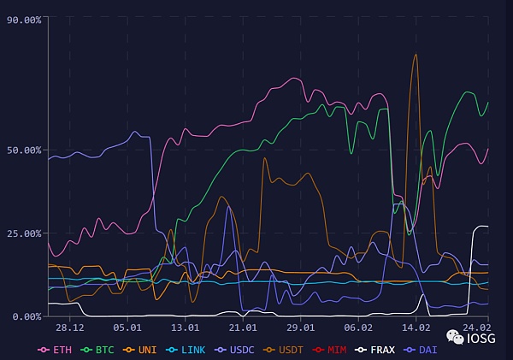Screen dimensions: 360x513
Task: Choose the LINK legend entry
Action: pos(192,350)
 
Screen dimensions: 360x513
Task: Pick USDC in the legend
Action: pos(240,350)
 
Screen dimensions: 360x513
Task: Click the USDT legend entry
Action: pos(291,350)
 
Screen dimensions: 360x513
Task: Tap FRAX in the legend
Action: pos(380,350)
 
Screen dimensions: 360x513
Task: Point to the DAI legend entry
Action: pos(425,350)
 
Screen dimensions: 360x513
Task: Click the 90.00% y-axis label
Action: pos(23,21)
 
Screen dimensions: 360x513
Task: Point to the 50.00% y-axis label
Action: pos(23,150)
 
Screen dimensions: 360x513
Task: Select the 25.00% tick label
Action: pos(23,233)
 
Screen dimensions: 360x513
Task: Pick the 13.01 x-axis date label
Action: pos(185,328)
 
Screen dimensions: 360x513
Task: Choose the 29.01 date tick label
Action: pos(300,328)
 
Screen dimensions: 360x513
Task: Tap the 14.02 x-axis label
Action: pos(416,328)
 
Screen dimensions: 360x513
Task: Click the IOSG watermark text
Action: pos(481,339)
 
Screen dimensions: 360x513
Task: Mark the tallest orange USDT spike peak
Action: pos(416,56)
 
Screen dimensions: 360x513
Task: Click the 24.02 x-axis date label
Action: pos(475,328)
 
